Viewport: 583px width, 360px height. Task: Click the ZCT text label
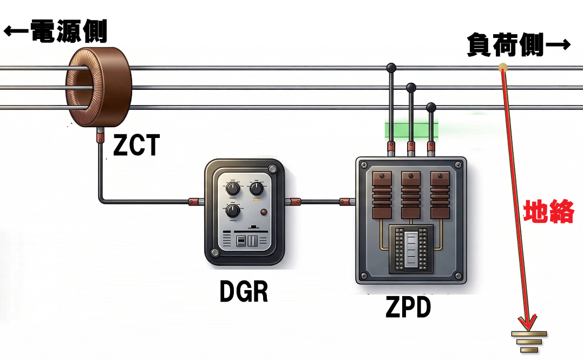click(x=136, y=145)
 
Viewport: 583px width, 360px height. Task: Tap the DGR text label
click(x=244, y=293)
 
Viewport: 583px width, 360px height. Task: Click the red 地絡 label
click(x=548, y=212)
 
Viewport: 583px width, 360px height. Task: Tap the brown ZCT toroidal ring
click(x=99, y=87)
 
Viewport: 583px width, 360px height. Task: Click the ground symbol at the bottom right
click(x=530, y=341)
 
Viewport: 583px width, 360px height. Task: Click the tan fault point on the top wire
click(x=503, y=68)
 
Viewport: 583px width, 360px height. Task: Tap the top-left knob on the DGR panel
click(x=232, y=188)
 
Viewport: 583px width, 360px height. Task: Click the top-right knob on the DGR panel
click(x=256, y=188)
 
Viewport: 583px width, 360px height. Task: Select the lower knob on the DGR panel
click(x=233, y=211)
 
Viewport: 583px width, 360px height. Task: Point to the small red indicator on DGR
click(x=264, y=212)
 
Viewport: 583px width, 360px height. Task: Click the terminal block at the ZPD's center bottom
click(x=411, y=248)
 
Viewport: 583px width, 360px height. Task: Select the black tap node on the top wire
click(x=391, y=68)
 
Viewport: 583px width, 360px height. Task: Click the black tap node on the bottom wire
click(x=431, y=107)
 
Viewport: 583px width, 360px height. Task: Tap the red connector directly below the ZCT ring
click(x=100, y=136)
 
